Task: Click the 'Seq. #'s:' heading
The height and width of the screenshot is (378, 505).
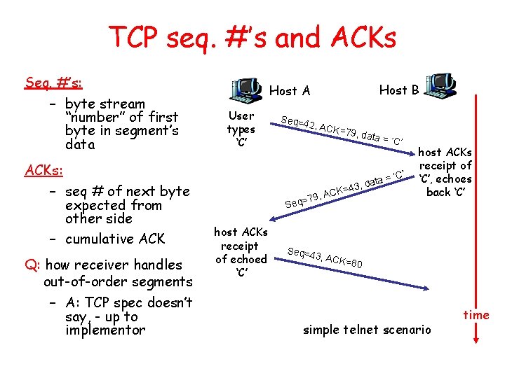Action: [x=53, y=83]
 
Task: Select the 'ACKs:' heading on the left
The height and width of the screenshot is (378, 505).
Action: [x=44, y=170]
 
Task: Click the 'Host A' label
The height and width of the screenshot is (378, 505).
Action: [x=289, y=90]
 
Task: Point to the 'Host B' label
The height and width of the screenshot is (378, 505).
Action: [x=398, y=90]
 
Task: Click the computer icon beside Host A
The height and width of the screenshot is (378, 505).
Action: [x=245, y=89]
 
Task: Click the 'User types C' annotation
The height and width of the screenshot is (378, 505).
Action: [x=241, y=129]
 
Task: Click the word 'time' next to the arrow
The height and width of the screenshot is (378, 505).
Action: [x=476, y=315]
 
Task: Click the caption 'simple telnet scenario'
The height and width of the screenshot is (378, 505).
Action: [x=367, y=330]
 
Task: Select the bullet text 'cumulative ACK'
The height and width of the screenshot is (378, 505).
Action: [x=114, y=239]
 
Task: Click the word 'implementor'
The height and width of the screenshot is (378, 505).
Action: [x=105, y=330]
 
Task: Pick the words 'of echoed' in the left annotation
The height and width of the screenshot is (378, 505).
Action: [x=241, y=259]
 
